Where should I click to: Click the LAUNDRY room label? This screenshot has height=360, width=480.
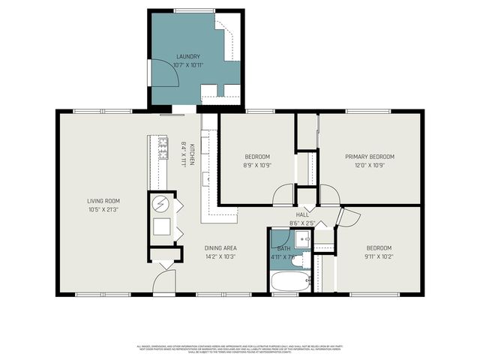[188, 56]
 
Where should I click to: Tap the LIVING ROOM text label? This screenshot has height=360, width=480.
[103, 201]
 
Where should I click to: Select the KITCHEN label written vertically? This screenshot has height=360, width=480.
[192, 154]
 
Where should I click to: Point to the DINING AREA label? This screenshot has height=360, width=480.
[220, 247]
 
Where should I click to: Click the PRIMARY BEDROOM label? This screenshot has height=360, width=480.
[369, 157]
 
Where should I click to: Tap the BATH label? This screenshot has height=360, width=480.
[283, 247]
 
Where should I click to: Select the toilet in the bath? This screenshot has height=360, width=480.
[296, 261]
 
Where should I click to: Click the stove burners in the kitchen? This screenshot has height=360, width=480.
[163, 148]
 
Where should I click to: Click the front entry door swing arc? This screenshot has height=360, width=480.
[165, 282]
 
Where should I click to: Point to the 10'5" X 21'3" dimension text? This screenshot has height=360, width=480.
[103, 210]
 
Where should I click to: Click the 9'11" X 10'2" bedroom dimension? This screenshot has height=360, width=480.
[379, 256]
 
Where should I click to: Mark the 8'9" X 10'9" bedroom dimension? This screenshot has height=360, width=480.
[257, 165]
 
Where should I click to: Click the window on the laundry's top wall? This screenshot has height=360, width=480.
[194, 10]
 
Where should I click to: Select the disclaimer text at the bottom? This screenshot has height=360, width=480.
[240, 349]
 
